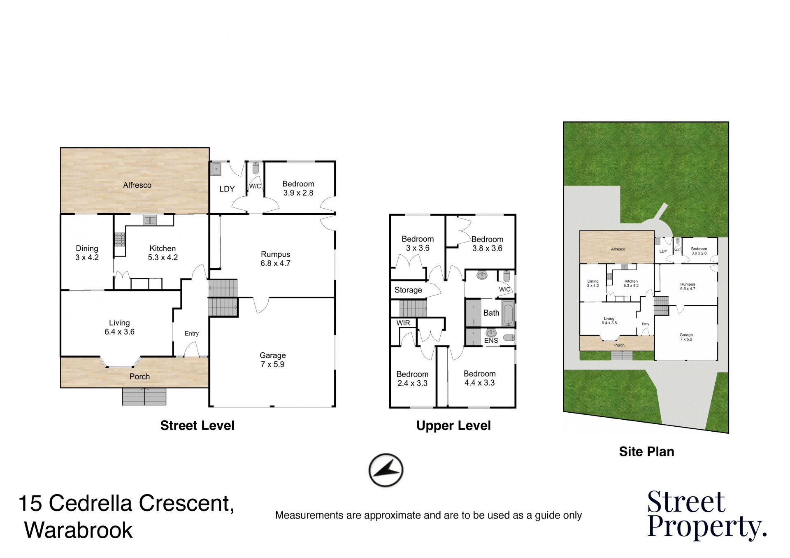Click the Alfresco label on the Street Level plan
coord(137,185)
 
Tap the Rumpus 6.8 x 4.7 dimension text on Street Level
coord(275,263)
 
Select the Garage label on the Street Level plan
coord(272,355)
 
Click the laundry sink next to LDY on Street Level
coord(216,169)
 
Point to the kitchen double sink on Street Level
coord(150,221)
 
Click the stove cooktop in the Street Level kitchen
coord(119,239)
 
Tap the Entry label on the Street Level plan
coord(191,333)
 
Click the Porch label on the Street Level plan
coord(139,377)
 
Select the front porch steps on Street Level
coord(144,397)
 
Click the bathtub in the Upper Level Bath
coord(508,314)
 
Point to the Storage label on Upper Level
coord(408,290)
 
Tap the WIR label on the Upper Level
coord(403,323)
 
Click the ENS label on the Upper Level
coord(491,340)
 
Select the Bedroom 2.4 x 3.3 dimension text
coord(412,383)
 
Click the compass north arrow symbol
coord(386,470)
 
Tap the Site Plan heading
coord(646,451)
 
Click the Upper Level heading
coord(453,425)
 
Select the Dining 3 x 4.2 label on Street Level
coord(87,253)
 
